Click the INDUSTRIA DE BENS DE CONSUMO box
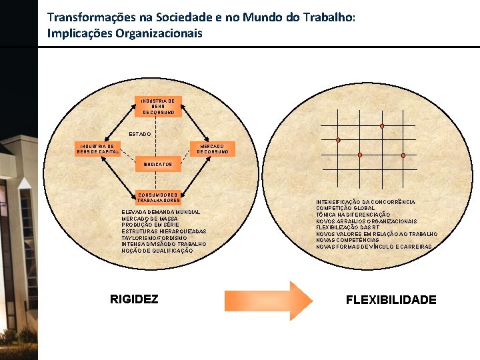pyautogui.click(x=158, y=107)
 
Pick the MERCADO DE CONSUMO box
pyautogui.click(x=212, y=149)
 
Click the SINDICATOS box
pyautogui.click(x=158, y=164)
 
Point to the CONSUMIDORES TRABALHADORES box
pyautogui.click(x=158, y=197)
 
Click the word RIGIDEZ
pyautogui.click(x=134, y=299)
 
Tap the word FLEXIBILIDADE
pyautogui.click(x=391, y=300)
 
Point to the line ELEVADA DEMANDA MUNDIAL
pyautogui.click(x=161, y=212)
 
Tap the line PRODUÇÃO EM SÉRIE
pyautogui.click(x=151, y=225)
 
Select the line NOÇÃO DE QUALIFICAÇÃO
pyautogui.click(x=157, y=251)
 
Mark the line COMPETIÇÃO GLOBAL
pyautogui.click(x=345, y=208)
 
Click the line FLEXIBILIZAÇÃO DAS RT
pyautogui.click(x=347, y=227)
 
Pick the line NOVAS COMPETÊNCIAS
pyautogui.click(x=347, y=240)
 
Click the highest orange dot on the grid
pyautogui.click(x=382, y=126)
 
